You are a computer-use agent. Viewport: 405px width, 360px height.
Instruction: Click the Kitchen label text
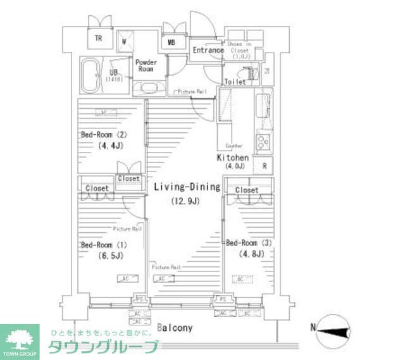pyautogui.click(x=233, y=158)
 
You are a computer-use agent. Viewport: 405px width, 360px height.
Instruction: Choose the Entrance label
pyautogui.click(x=208, y=51)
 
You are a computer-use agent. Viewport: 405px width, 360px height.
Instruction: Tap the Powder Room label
pyautogui.click(x=146, y=65)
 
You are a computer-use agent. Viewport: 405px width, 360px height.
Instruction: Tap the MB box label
pyautogui.click(x=171, y=43)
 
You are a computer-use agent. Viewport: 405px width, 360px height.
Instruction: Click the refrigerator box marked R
pyautogui.click(x=263, y=167)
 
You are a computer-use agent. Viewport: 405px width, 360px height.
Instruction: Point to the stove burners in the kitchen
pyautogui.click(x=262, y=140)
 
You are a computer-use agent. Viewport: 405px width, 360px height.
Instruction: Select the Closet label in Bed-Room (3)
pyautogui.click(x=247, y=190)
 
